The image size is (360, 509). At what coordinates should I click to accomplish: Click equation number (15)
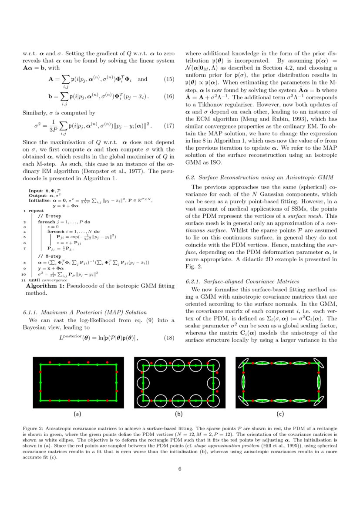(168, 79)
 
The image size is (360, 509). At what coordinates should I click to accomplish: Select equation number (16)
(168, 96)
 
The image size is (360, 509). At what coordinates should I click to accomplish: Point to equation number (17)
(168, 126)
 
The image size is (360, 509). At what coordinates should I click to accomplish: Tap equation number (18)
(168, 325)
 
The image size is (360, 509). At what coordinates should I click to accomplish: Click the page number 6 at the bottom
(180, 469)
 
